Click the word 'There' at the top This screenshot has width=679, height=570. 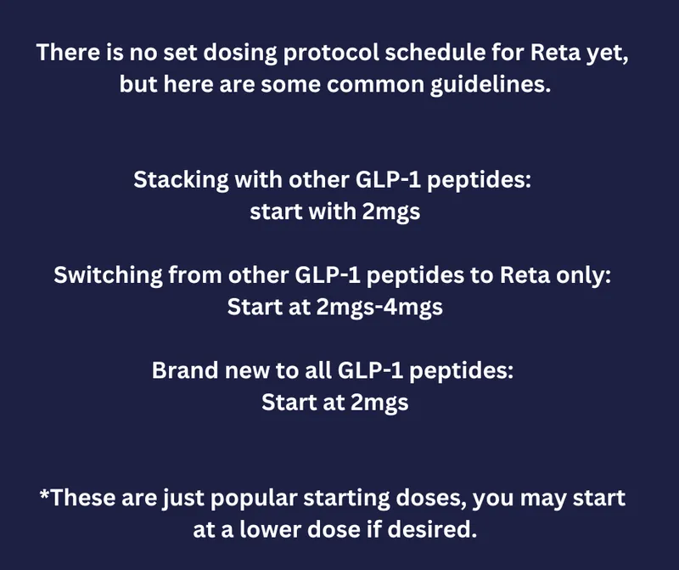coord(67,52)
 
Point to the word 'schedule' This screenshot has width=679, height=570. coord(435,52)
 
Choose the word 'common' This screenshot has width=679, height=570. coord(375,85)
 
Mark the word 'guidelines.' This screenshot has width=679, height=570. coord(491,85)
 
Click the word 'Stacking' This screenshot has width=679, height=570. coord(181,180)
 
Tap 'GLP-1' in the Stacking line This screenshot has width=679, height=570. coord(388,179)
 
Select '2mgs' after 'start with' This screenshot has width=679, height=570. coord(391,212)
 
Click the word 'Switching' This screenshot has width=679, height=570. coord(109,276)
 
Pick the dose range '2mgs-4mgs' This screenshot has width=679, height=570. coord(379,308)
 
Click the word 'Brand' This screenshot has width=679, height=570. coord(185,370)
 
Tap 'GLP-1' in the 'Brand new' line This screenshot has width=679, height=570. coord(370,370)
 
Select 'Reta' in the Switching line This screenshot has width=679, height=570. coord(525,275)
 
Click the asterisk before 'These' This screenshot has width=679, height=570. coord(44,494)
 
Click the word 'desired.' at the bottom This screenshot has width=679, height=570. coord(432,529)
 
